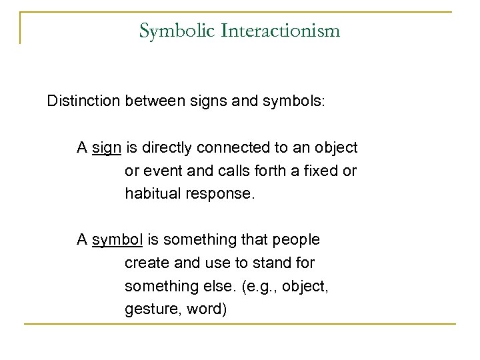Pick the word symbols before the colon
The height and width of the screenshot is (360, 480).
click(292, 104)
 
